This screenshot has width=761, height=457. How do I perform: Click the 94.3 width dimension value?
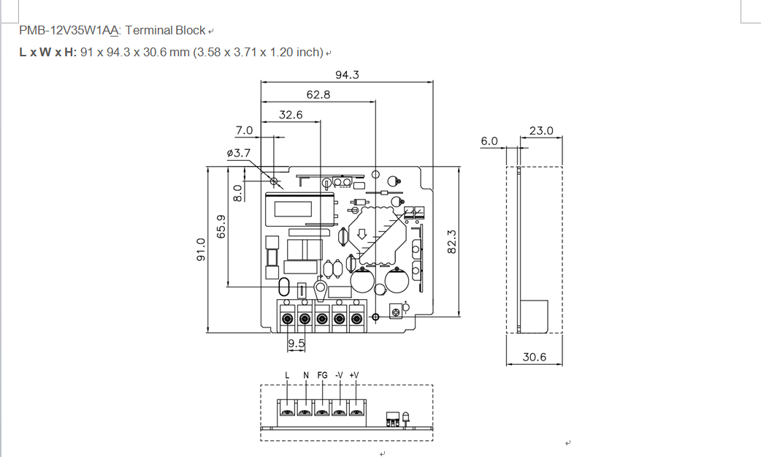[x=347, y=75]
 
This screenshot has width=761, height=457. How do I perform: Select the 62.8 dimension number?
[x=318, y=94]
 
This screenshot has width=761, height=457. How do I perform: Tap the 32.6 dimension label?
[x=291, y=115]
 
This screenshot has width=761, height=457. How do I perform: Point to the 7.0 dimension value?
[x=244, y=130]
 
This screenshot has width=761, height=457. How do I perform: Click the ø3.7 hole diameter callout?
[x=239, y=153]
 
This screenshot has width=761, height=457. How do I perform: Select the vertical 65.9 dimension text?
[x=221, y=227]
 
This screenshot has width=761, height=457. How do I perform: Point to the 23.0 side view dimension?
[x=541, y=131]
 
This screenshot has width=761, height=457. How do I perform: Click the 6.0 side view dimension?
[x=489, y=141]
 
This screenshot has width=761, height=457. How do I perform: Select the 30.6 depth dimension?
[x=535, y=358]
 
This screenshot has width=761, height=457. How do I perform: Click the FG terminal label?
[x=322, y=375]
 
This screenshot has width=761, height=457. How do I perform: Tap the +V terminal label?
[x=354, y=375]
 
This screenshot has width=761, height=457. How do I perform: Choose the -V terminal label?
[x=339, y=375]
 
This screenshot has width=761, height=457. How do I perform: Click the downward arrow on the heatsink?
[x=362, y=235]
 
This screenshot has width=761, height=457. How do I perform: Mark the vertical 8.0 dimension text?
[x=237, y=193]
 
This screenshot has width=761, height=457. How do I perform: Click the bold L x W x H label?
[x=47, y=53]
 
